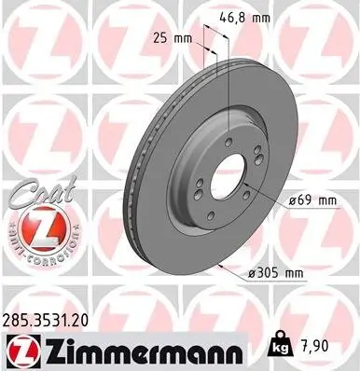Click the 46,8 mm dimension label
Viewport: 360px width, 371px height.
pos(250,16)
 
